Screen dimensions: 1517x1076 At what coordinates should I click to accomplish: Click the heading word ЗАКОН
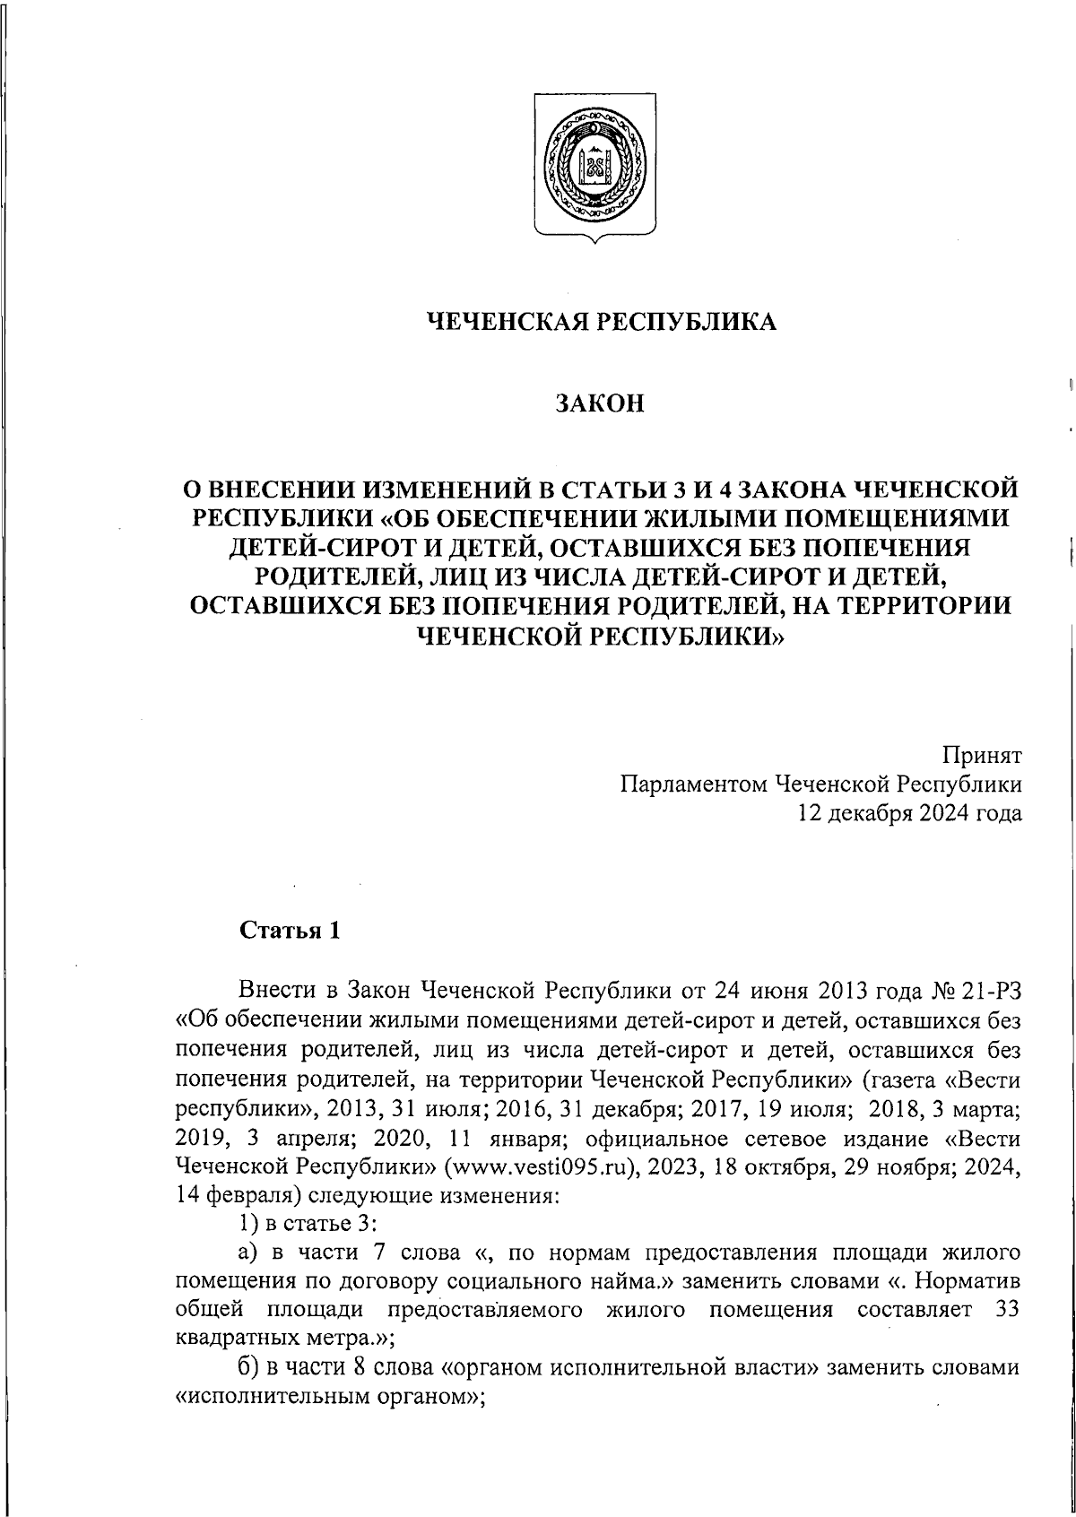pos(600,405)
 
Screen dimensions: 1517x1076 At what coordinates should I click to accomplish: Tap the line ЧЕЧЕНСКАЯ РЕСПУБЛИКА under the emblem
pos(600,321)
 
